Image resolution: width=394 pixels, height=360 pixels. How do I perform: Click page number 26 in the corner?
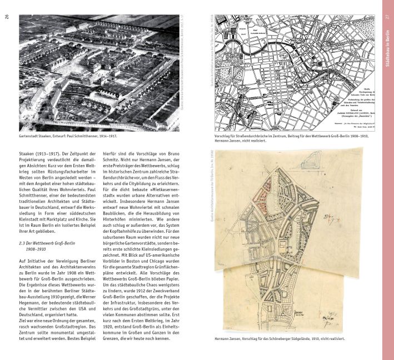click(7, 14)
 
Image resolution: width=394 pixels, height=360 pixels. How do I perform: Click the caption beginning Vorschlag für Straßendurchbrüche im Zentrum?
click(281, 136)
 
